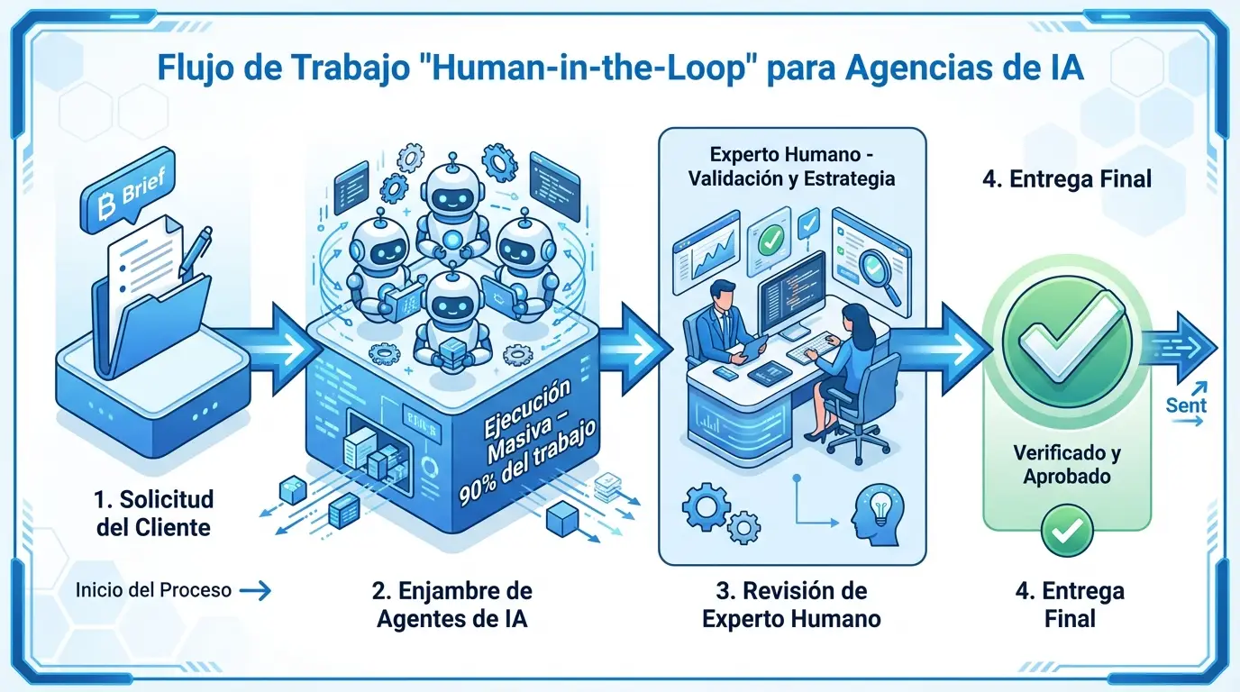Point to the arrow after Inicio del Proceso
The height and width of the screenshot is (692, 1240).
(x=256, y=591)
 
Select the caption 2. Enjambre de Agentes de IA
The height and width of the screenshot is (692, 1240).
(x=451, y=605)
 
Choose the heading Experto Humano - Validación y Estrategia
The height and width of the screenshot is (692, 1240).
(x=791, y=165)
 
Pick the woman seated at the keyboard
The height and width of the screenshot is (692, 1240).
(x=847, y=360)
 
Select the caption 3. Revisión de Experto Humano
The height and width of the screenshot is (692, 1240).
(x=791, y=605)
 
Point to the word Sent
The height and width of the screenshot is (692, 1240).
(x=1185, y=406)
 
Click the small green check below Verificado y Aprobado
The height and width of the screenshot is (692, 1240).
(x=1066, y=530)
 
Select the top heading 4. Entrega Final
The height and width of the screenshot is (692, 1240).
(x=1066, y=178)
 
